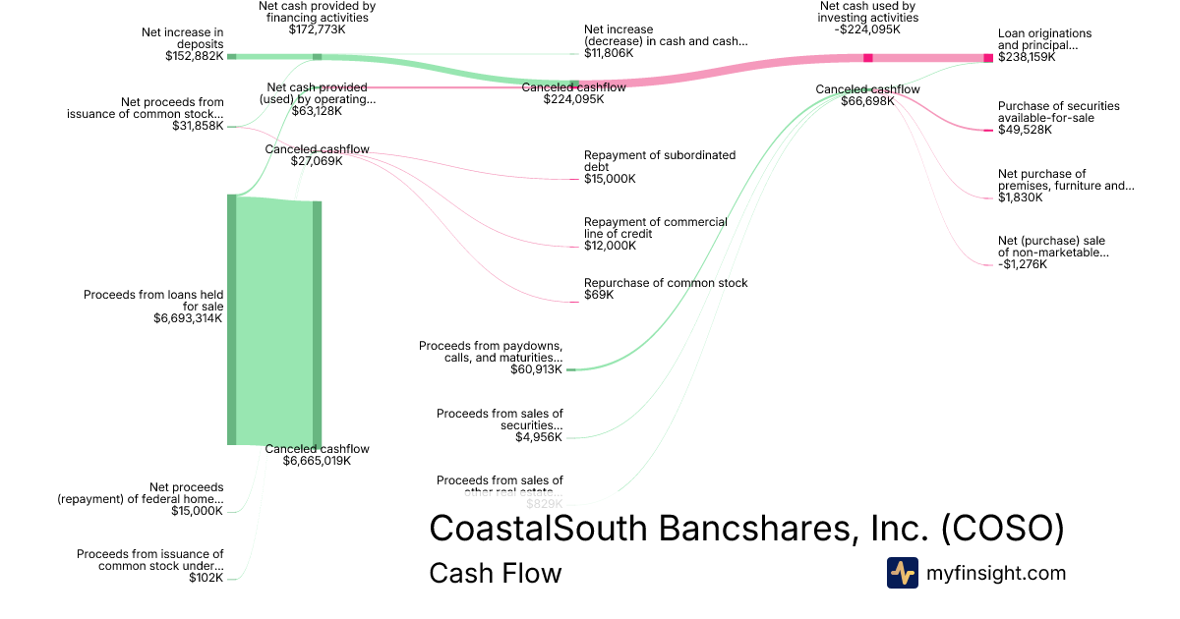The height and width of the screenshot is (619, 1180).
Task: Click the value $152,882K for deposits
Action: pyautogui.click(x=195, y=56)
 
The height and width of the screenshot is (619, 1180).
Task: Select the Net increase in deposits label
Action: pyautogui.click(x=184, y=38)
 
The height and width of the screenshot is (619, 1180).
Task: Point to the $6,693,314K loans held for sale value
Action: pyautogui.click(x=188, y=318)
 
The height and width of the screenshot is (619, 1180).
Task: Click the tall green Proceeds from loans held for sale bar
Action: pyautogui.click(x=232, y=319)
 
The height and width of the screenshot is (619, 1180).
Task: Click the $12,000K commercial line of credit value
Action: pyautogui.click(x=610, y=246)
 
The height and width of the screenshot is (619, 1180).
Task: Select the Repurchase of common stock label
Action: pyautogui.click(x=666, y=283)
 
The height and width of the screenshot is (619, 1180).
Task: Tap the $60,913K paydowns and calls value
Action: pyautogui.click(x=536, y=369)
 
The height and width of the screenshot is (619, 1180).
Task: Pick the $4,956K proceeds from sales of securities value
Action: pyautogui.click(x=539, y=437)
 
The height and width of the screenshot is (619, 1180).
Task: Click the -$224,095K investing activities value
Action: pyautogui.click(x=868, y=29)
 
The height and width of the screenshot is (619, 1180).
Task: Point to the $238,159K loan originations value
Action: pyautogui.click(x=1027, y=57)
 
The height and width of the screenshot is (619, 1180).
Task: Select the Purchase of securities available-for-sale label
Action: pyautogui.click(x=1058, y=112)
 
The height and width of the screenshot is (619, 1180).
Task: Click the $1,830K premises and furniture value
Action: pyautogui.click(x=1020, y=197)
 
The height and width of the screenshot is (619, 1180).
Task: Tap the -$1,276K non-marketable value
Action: pyautogui.click(x=1023, y=264)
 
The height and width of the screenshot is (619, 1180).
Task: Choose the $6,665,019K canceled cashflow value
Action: pyautogui.click(x=317, y=460)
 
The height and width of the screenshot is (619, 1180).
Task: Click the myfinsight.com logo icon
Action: pyautogui.click(x=902, y=573)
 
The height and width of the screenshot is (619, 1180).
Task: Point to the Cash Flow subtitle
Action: pyautogui.click(x=495, y=573)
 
